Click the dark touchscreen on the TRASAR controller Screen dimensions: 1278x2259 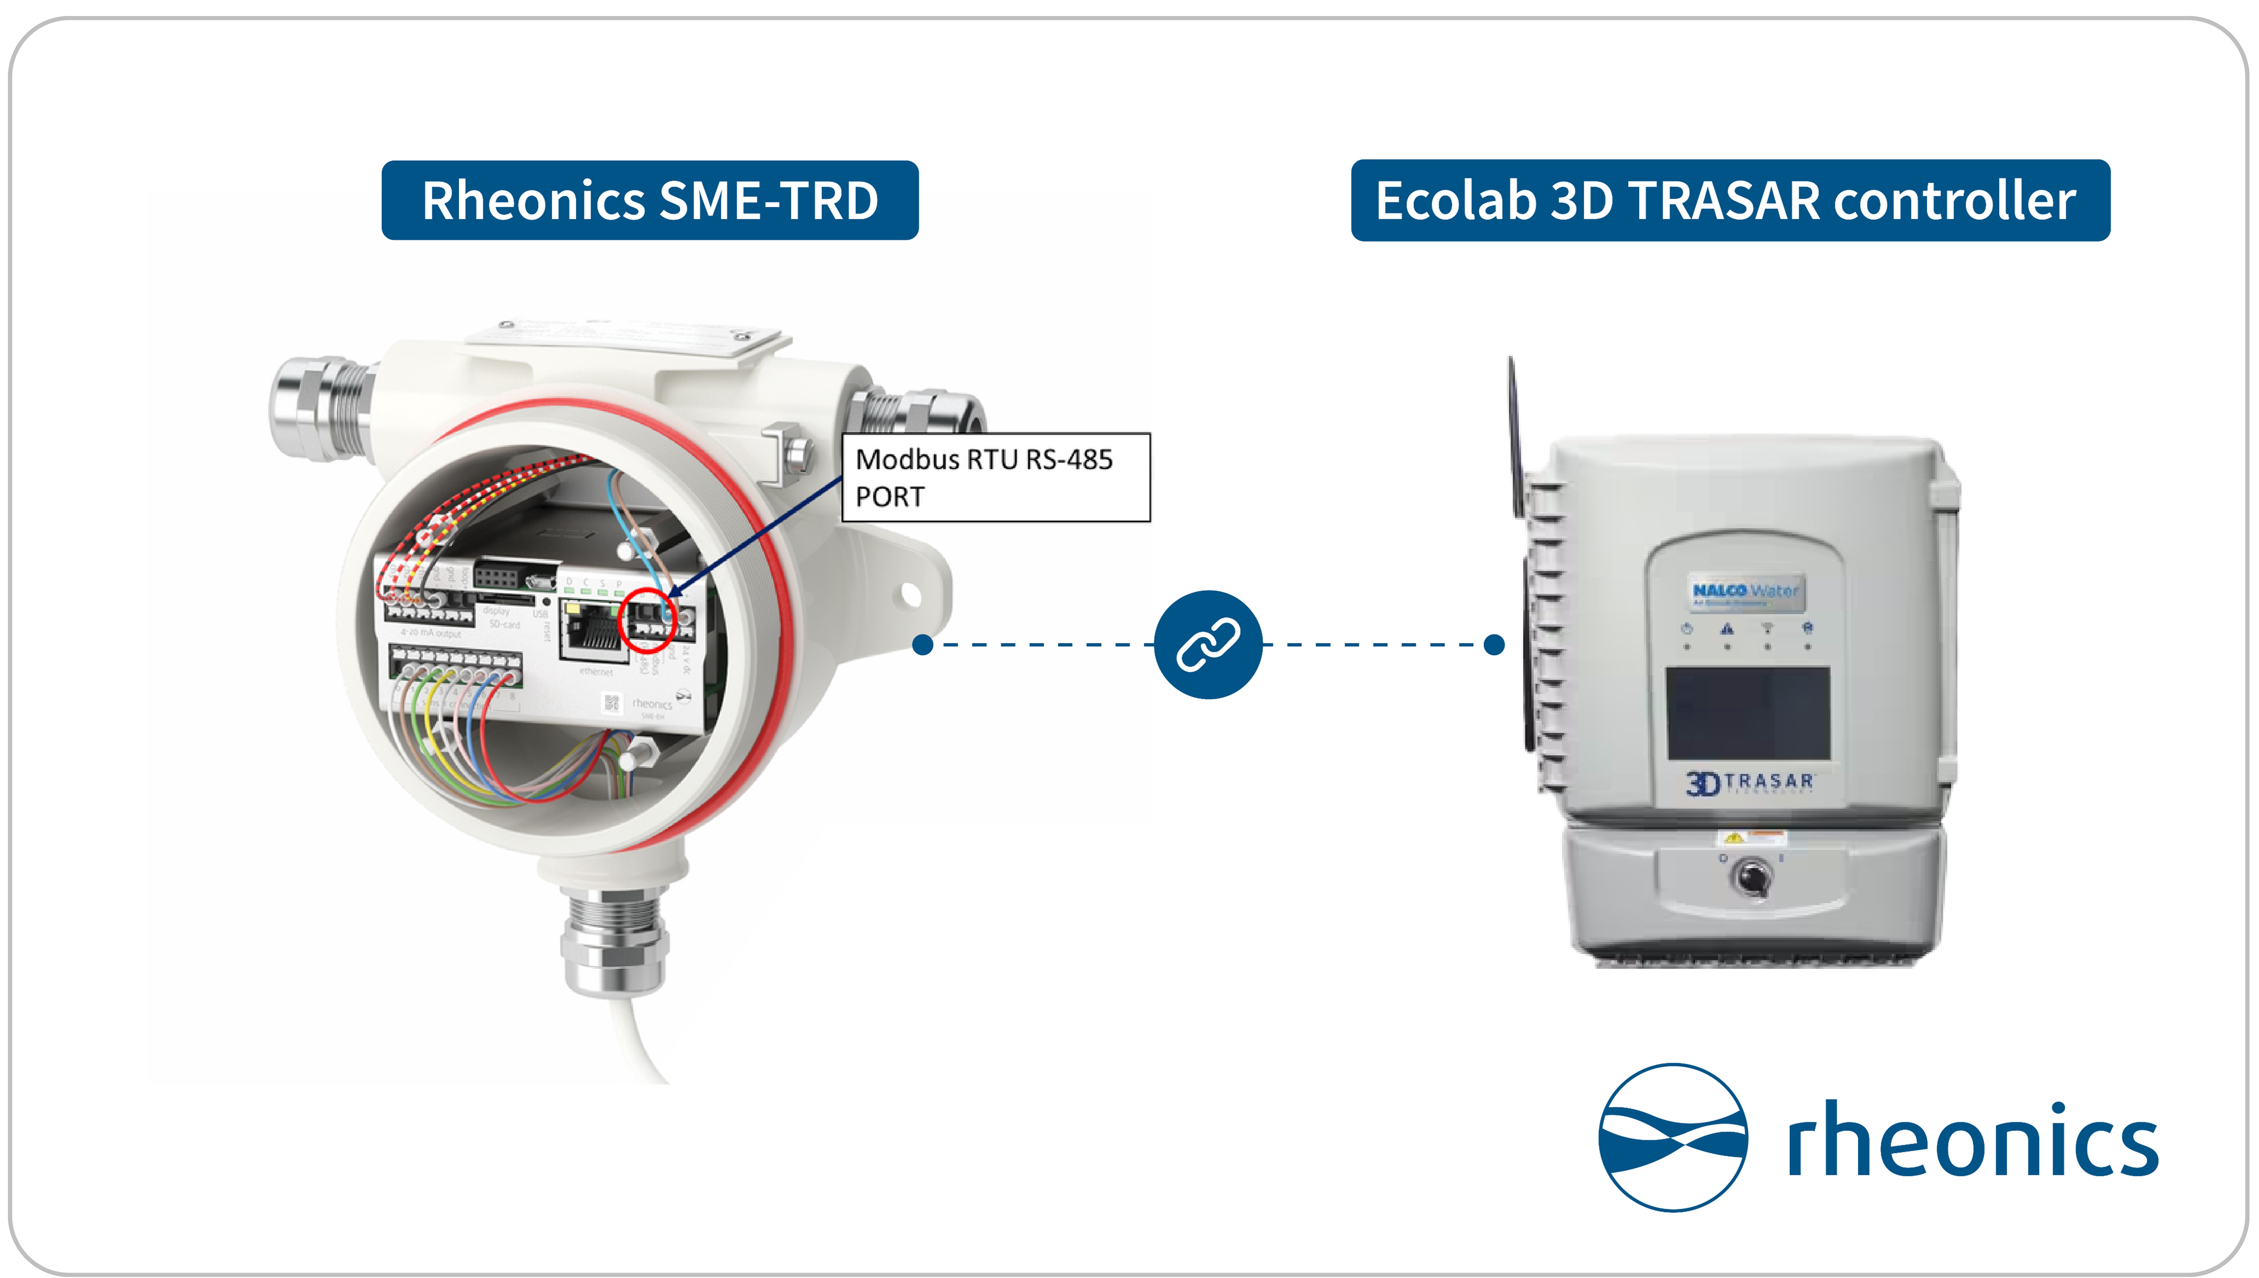tap(1747, 712)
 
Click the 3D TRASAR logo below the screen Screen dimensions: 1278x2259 tap(1749, 782)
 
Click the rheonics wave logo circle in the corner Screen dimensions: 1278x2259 tap(1673, 1138)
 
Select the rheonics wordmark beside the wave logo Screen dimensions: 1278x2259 tap(1972, 1139)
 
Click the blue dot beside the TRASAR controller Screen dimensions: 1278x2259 tap(1494, 644)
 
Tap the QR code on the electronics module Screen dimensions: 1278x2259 tap(612, 702)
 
